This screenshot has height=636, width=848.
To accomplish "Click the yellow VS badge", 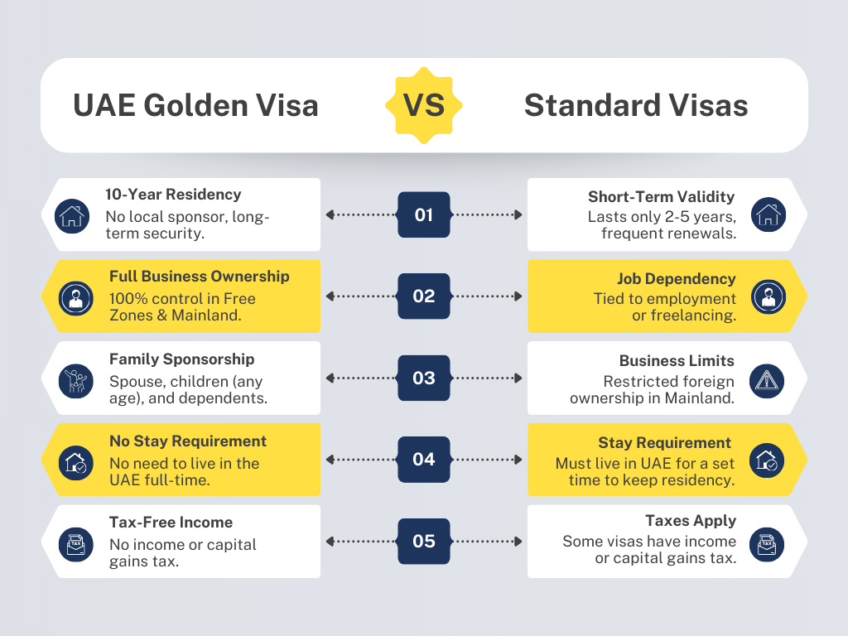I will [x=424, y=105].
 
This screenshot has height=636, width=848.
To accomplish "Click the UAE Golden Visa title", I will [x=195, y=106].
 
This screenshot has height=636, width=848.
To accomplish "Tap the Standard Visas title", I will [x=636, y=106].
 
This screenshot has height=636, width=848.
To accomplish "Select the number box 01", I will [x=424, y=214].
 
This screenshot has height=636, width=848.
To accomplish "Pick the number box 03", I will [x=424, y=378].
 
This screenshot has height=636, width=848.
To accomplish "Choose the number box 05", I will [x=424, y=541].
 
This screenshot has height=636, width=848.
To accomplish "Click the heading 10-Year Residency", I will [x=173, y=195].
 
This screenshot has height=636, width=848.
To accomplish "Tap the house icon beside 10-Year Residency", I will [x=72, y=215].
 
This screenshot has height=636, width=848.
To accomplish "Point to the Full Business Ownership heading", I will [x=199, y=277].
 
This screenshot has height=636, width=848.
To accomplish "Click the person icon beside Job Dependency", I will [x=767, y=296].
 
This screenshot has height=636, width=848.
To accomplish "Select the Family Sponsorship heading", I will [x=181, y=359].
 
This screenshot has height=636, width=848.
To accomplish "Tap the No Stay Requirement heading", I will [x=188, y=441].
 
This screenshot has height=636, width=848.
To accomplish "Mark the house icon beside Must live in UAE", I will [x=767, y=460].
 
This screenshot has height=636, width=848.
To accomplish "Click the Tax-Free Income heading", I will [x=171, y=523].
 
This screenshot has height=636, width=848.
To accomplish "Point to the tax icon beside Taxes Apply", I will [x=767, y=542].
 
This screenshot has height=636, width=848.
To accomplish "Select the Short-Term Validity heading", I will [x=661, y=196].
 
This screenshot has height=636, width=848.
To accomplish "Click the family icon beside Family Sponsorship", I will [x=72, y=379].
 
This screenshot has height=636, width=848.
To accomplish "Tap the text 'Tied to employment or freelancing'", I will [x=664, y=307].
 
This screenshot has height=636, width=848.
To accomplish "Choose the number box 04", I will [x=424, y=459].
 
